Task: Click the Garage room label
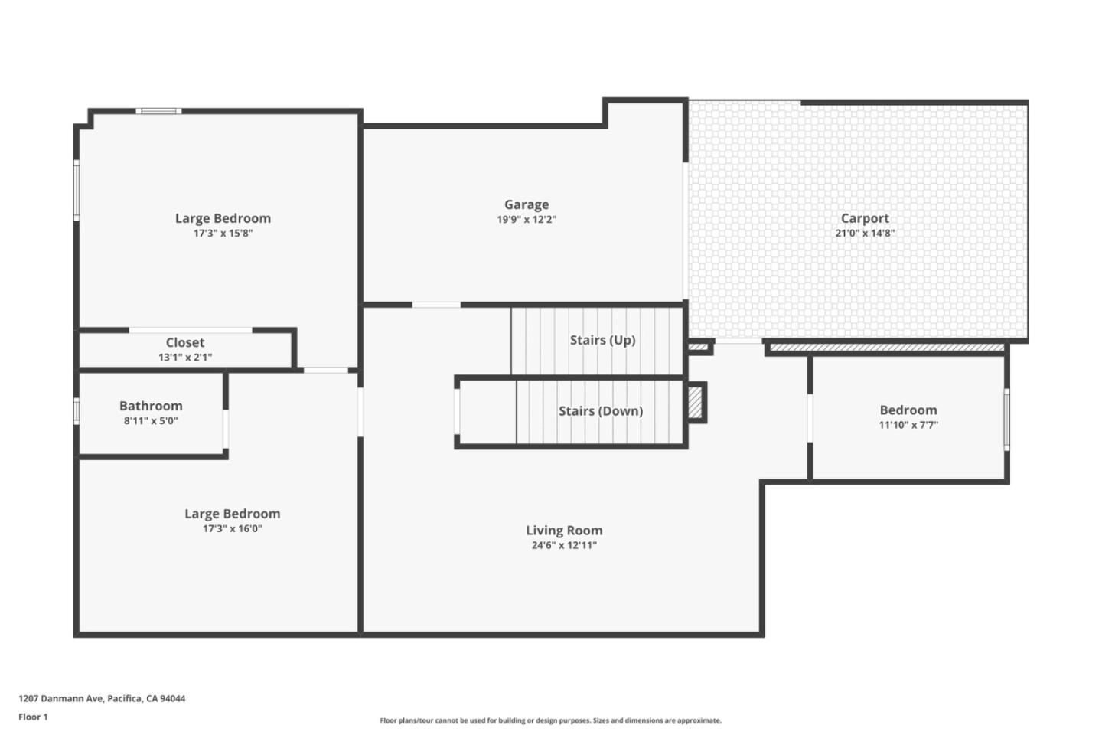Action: click(x=527, y=204)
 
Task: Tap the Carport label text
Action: click(x=865, y=218)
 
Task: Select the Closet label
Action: click(x=185, y=342)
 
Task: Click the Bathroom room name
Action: click(x=151, y=406)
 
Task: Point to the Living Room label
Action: click(x=564, y=530)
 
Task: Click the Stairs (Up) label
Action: click(x=602, y=340)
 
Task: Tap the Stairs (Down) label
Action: click(x=601, y=411)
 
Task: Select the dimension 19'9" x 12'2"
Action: click(x=527, y=220)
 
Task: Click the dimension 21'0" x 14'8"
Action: click(x=865, y=234)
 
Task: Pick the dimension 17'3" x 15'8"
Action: click(x=223, y=234)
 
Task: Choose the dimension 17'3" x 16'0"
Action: click(x=232, y=528)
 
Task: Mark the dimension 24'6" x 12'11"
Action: click(x=564, y=545)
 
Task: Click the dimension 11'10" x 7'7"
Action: click(x=908, y=425)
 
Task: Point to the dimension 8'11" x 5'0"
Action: click(x=151, y=420)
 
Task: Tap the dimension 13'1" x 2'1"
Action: click(x=185, y=357)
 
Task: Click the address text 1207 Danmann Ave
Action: click(x=61, y=698)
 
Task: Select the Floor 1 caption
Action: click(x=33, y=717)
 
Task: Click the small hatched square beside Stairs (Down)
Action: click(x=695, y=403)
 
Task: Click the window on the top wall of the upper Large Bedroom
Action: click(x=159, y=112)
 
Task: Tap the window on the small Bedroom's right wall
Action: click(x=1006, y=419)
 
